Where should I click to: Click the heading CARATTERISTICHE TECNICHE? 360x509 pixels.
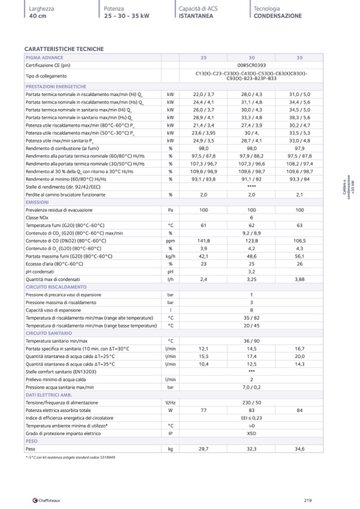coord(64,49)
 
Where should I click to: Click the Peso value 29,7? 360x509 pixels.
coord(203,449)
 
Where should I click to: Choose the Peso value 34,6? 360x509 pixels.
coord(299,449)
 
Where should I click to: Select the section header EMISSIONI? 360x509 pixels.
coord(37,202)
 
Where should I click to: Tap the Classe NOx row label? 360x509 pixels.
coord(38,218)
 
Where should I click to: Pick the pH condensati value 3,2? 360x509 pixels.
coord(252,271)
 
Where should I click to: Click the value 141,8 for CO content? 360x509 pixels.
coord(203,240)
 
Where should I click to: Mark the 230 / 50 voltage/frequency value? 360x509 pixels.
coord(252,403)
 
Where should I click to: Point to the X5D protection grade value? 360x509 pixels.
coord(252,433)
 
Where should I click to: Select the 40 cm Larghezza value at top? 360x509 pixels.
coord(38,16)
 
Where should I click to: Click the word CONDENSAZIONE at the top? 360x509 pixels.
coord(277,16)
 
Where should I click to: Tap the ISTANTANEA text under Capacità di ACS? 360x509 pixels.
coord(196,16)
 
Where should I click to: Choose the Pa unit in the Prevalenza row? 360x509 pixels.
coord(170,210)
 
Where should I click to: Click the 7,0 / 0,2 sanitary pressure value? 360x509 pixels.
coord(252,387)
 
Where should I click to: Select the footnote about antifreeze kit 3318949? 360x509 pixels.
coord(71,457)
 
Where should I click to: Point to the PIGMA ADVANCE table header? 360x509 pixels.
coord(45,57)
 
